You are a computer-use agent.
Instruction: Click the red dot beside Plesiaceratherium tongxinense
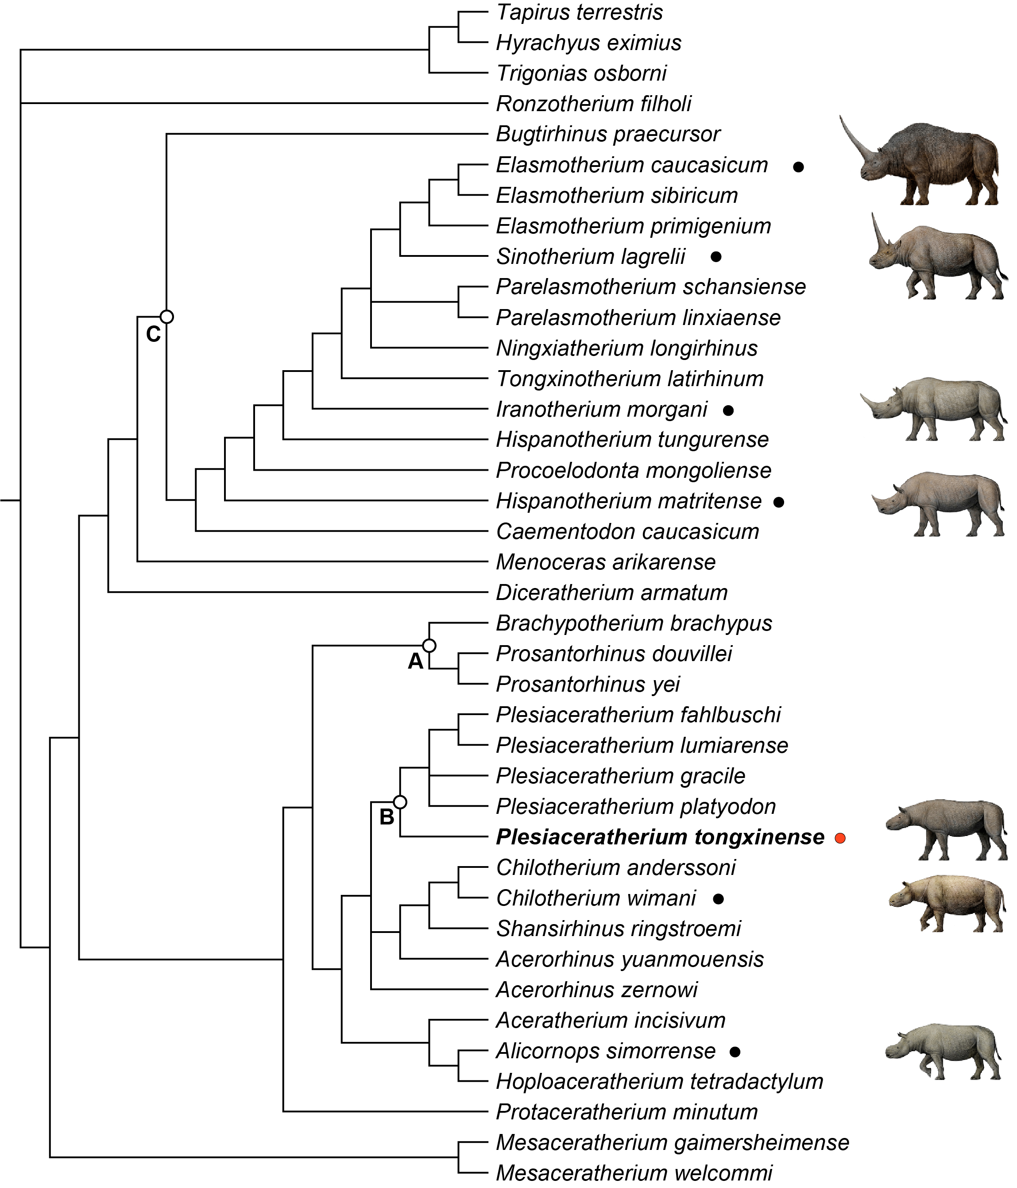pyautogui.click(x=840, y=838)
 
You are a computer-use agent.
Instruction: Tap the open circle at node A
pyautogui.click(x=429, y=646)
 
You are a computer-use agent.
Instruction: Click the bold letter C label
pyautogui.click(x=153, y=334)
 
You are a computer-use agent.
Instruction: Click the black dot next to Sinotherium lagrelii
pyautogui.click(x=715, y=257)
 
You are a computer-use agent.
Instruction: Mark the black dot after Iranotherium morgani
pyautogui.click(x=728, y=410)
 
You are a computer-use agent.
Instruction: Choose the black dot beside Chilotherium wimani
pyautogui.click(x=718, y=898)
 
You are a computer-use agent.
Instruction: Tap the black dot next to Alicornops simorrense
pyautogui.click(x=735, y=1052)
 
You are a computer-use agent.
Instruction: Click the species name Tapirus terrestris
pyautogui.click(x=579, y=12)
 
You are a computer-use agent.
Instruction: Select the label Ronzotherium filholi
pyautogui.click(x=593, y=104)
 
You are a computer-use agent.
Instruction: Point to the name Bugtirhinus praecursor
pyautogui.click(x=608, y=134)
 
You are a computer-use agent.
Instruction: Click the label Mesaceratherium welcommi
pyautogui.click(x=634, y=1173)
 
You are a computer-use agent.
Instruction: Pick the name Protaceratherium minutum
pyautogui.click(x=626, y=1112)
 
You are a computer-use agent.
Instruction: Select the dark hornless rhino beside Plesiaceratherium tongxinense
pyautogui.click(x=946, y=828)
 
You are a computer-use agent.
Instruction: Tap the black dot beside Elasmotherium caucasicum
pyautogui.click(x=798, y=167)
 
